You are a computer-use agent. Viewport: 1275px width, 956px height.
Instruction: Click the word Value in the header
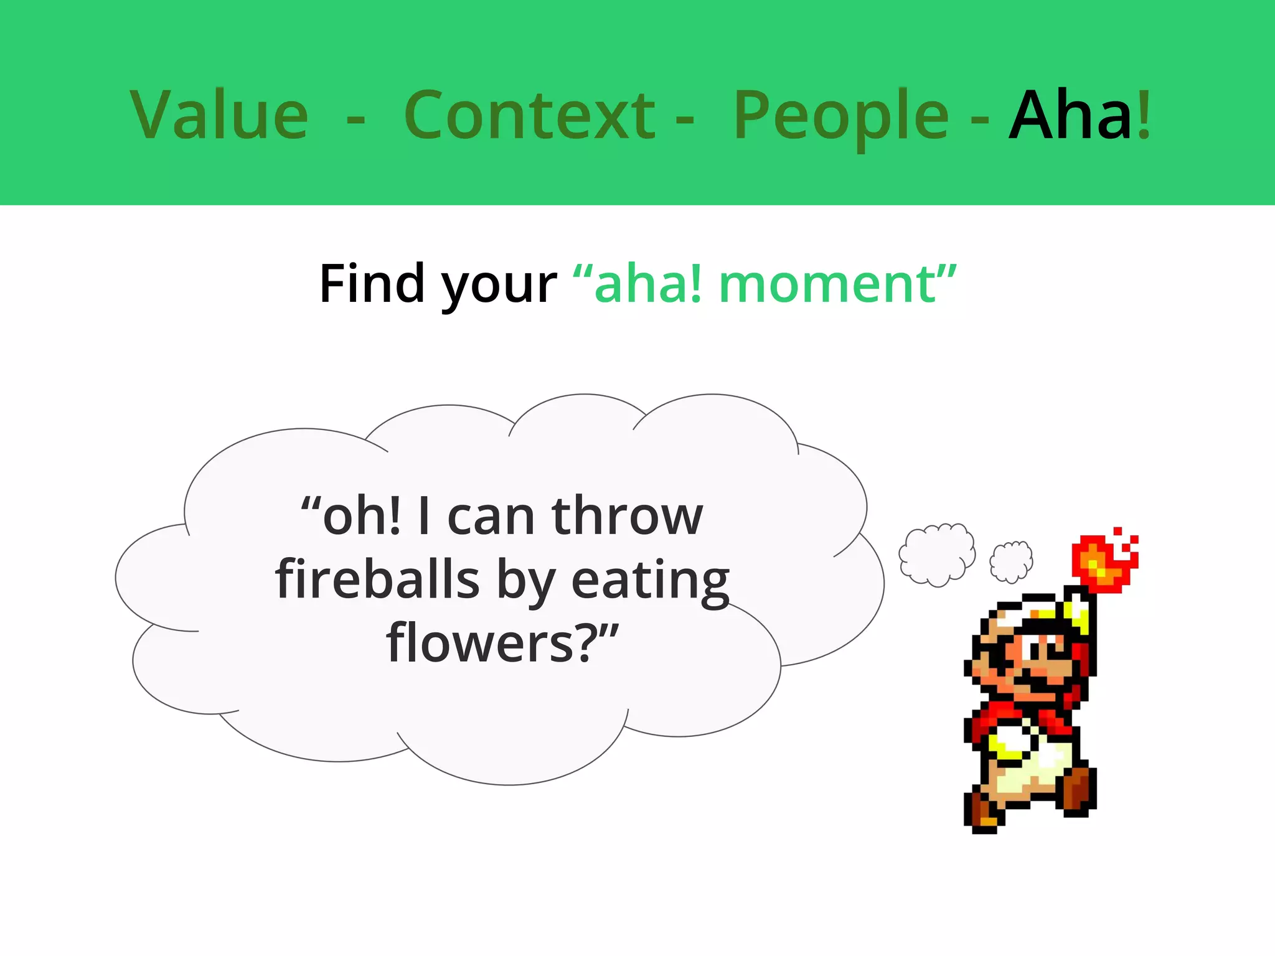219,115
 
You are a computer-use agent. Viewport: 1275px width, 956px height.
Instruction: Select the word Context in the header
529,115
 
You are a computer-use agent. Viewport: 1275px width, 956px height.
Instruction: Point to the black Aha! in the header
1080,115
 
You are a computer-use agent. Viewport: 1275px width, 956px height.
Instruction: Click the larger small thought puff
936,554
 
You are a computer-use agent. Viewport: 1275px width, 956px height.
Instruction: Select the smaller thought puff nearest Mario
1011,561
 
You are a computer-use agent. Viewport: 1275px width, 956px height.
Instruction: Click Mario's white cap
1027,610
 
